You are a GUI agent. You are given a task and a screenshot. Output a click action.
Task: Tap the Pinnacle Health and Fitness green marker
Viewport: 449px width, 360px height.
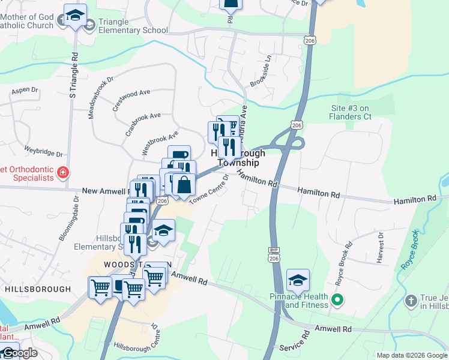point(337,300)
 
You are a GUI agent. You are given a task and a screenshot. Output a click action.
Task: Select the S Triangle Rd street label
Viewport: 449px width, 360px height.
point(73,76)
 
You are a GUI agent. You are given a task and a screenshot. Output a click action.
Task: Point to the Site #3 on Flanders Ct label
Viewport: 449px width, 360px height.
point(359,112)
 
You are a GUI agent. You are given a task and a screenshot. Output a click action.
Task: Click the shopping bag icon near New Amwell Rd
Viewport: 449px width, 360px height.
point(184,185)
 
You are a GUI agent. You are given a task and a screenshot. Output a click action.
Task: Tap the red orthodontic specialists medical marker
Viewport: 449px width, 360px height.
point(62,173)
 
